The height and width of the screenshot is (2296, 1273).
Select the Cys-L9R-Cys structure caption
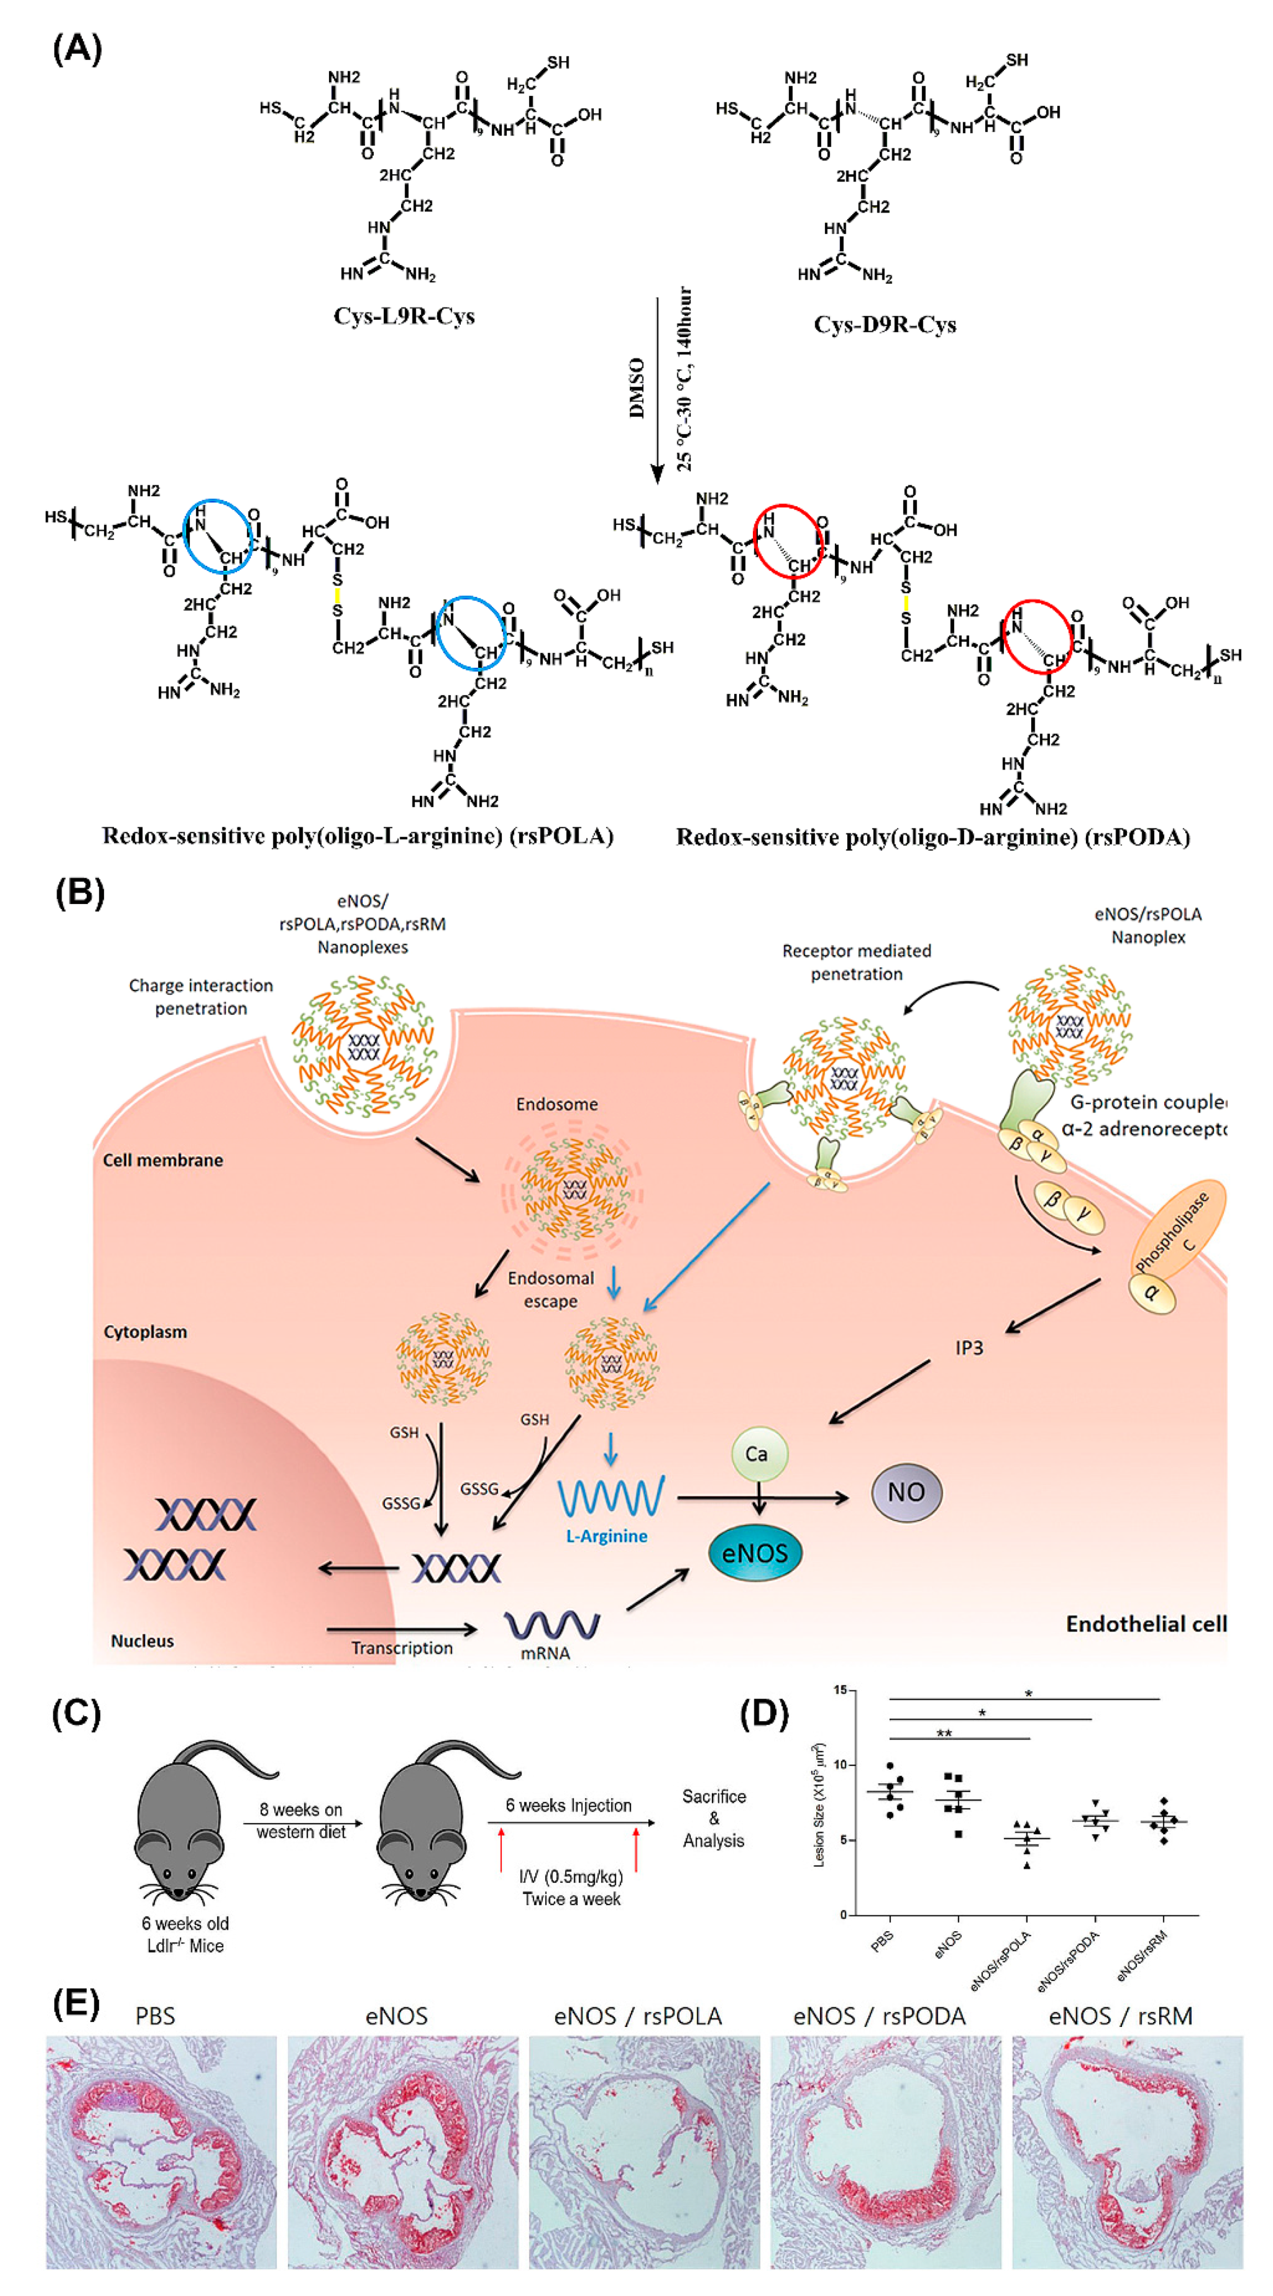(404, 316)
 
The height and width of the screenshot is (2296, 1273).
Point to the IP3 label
(969, 1348)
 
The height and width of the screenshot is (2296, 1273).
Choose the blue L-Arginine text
(606, 1536)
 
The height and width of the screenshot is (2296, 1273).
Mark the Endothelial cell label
(1146, 1624)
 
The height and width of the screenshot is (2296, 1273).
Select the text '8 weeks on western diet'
(301, 1820)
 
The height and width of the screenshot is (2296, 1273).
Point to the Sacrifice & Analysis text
(713, 1818)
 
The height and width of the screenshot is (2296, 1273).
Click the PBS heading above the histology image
(155, 2016)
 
